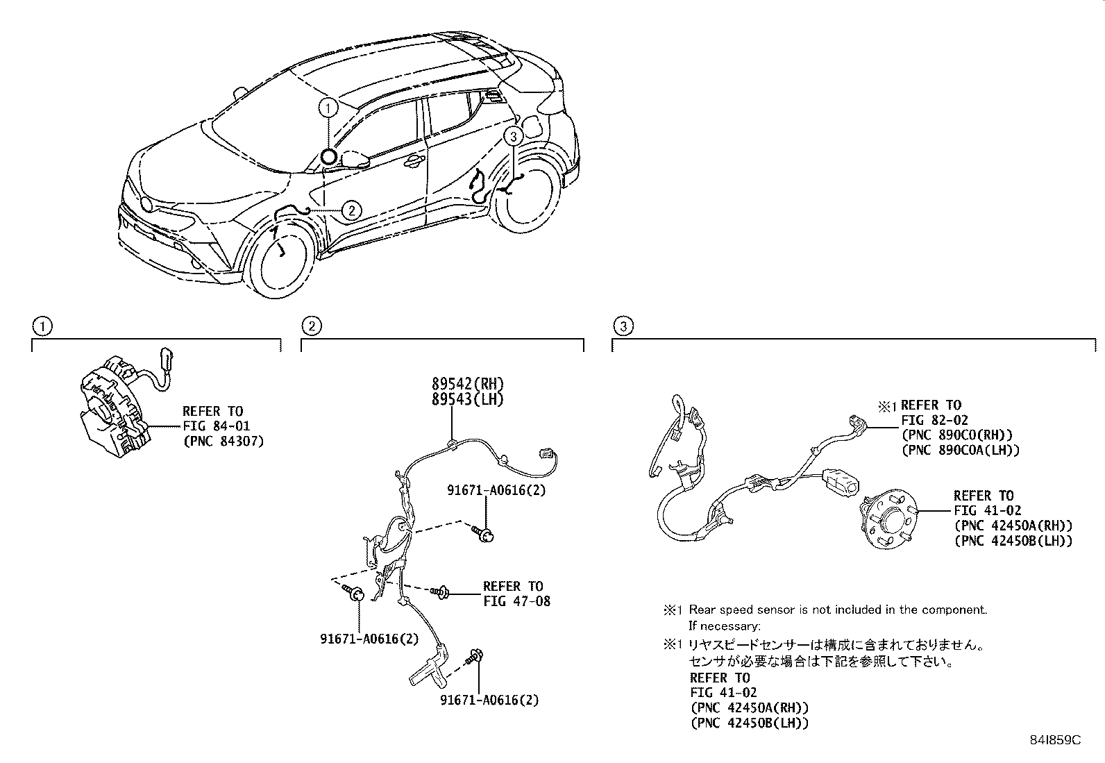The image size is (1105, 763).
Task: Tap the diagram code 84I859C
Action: (1055, 741)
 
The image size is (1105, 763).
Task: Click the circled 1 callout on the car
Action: (328, 108)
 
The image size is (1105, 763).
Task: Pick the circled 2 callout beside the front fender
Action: (352, 209)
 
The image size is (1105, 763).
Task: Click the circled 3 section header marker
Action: (623, 326)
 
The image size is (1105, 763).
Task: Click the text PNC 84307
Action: (223, 441)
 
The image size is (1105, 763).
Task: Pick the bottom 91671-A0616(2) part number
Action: (489, 701)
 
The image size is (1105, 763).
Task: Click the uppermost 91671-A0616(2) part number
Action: (496, 490)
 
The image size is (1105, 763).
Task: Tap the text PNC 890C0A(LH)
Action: (960, 450)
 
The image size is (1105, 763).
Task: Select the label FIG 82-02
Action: (934, 420)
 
